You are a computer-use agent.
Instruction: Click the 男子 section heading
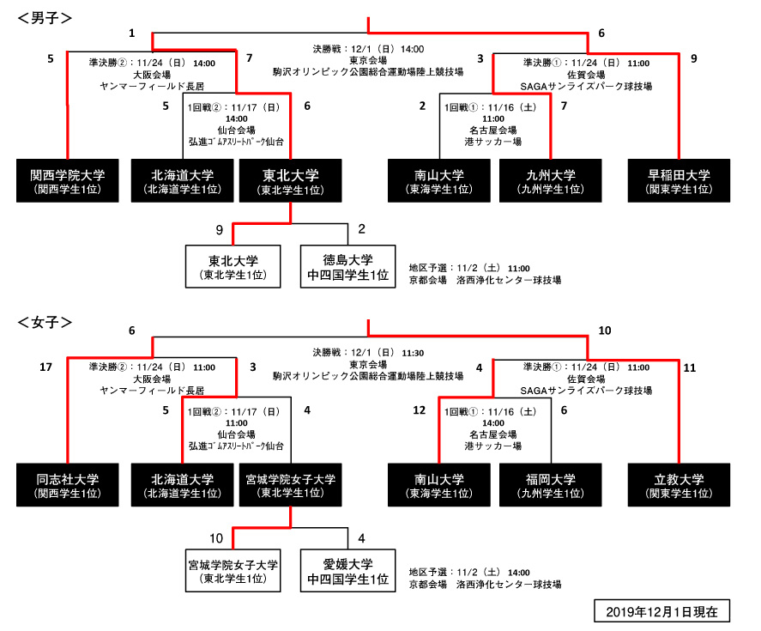pyautogui.click(x=45, y=16)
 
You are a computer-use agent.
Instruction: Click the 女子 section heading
pyautogui.click(x=45, y=322)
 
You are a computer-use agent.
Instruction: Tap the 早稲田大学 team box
pyautogui.click(x=679, y=180)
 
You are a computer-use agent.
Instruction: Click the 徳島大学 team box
pyautogui.click(x=347, y=266)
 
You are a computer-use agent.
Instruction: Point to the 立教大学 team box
pyautogui.click(x=679, y=485)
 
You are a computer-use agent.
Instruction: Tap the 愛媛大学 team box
pyautogui.click(x=347, y=571)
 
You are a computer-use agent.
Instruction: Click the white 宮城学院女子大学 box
pyautogui.click(x=233, y=571)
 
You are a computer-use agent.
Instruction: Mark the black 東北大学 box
pyautogui.click(x=290, y=180)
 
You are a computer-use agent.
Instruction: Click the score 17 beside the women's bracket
pyautogui.click(x=46, y=367)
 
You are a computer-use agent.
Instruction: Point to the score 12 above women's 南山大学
pyautogui.click(x=419, y=411)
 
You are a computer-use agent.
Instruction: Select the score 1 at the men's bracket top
pyautogui.click(x=132, y=33)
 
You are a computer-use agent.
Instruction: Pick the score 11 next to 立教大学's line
pyautogui.click(x=691, y=367)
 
